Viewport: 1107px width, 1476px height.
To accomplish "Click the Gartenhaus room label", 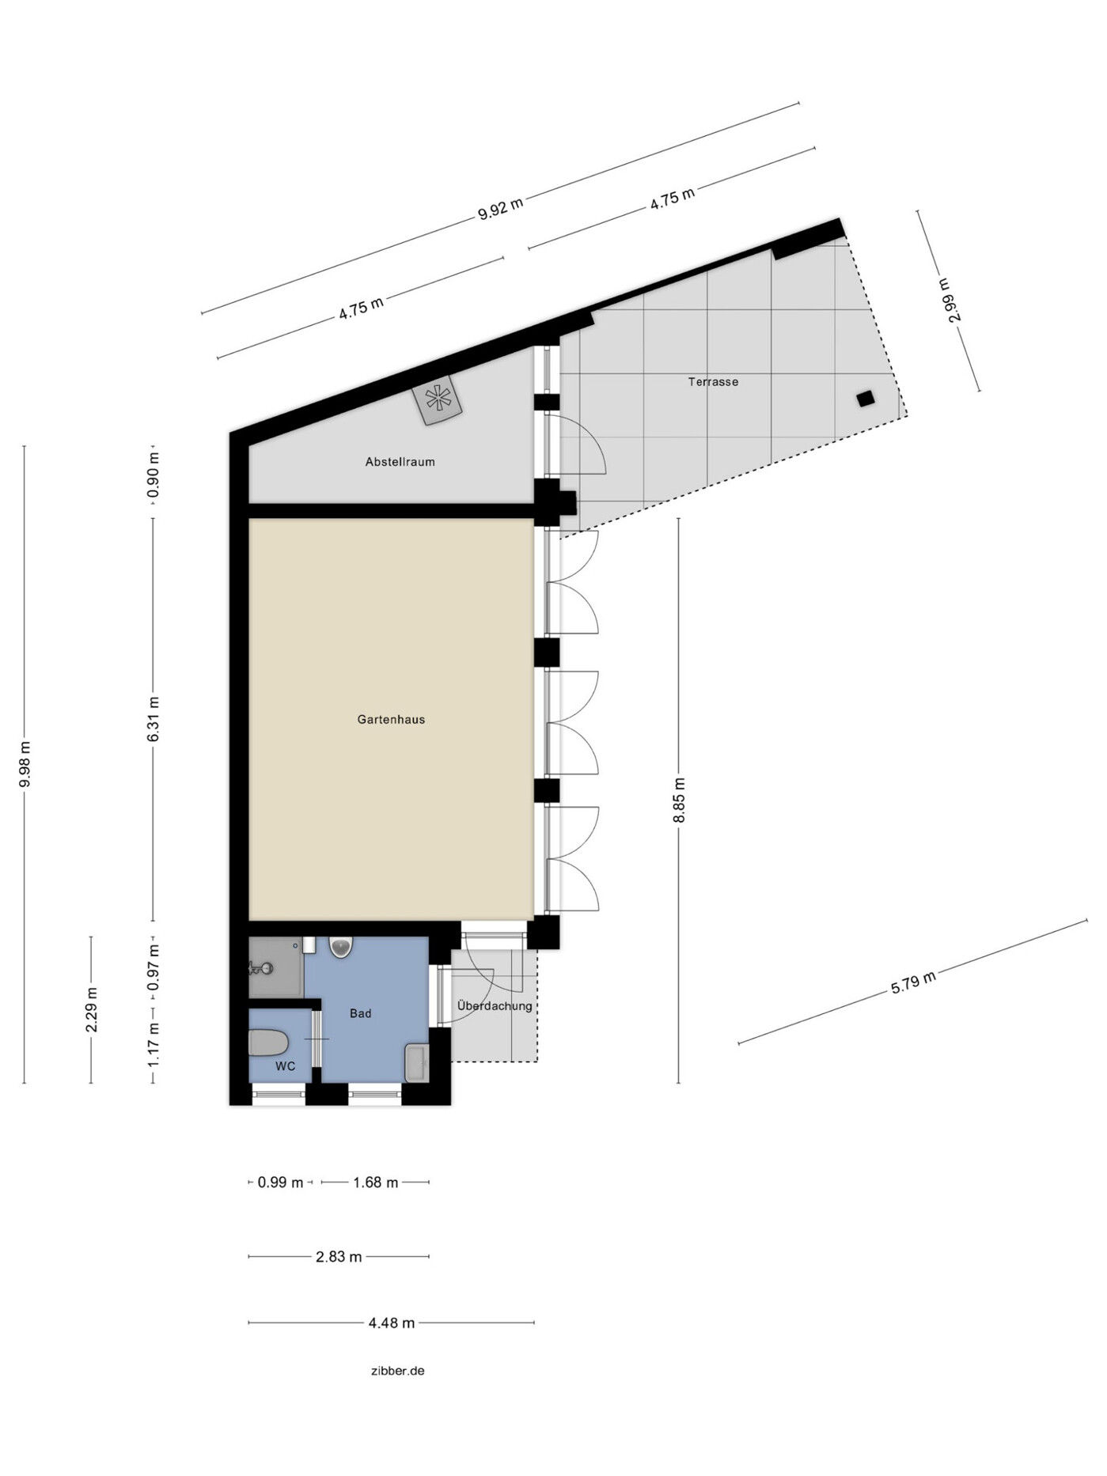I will tap(391, 720).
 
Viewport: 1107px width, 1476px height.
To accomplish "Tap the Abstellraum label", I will tap(400, 462).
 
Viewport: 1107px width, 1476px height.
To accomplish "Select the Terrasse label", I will tap(713, 382).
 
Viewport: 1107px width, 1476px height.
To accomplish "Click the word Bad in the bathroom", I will tap(360, 1014).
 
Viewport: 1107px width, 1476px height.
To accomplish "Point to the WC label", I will tap(285, 1067).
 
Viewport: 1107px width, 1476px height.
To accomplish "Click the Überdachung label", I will tap(495, 1007).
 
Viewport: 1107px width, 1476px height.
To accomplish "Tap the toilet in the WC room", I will tap(267, 1043).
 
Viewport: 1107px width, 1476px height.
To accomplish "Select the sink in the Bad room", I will tap(416, 1062).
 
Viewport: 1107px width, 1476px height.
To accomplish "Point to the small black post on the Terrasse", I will tap(866, 399).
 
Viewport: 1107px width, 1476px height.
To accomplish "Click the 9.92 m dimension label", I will tap(500, 209).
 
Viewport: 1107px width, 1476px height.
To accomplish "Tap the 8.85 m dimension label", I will tap(679, 800).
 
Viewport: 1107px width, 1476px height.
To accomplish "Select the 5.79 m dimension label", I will tap(912, 982).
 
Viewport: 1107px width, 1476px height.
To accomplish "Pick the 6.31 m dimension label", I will tap(154, 719).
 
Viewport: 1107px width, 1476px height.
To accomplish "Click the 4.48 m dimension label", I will tap(391, 1323).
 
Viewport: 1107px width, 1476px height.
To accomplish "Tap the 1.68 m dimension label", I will tap(375, 1183).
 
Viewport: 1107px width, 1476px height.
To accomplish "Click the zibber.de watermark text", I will tap(397, 1371).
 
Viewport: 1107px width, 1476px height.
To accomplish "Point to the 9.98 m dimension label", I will tap(25, 763).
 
